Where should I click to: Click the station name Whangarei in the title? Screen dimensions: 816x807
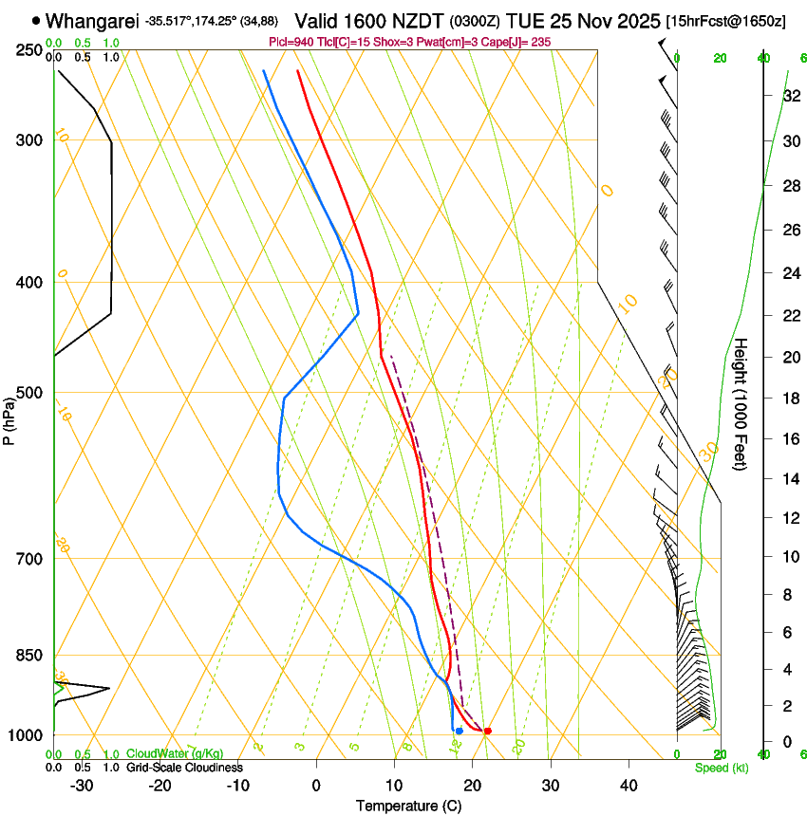tap(92, 21)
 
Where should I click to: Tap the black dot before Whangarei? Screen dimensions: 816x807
tap(36, 20)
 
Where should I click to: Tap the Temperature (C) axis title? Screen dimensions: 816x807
tap(408, 807)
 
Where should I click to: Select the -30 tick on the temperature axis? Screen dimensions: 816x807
tap(82, 786)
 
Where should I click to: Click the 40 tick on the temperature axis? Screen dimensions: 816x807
tap(628, 786)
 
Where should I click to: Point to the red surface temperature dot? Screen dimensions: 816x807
tap(487, 731)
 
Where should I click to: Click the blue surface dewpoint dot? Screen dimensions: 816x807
tap(459, 731)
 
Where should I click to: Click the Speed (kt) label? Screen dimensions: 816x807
tap(721, 768)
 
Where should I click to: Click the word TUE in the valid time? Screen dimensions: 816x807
tap(524, 21)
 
